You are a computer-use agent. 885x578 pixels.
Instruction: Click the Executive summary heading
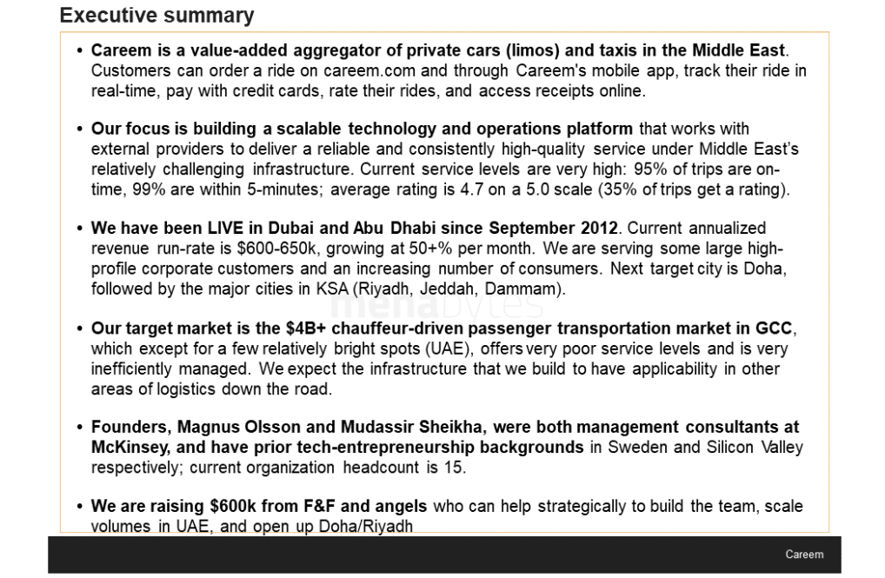click(156, 16)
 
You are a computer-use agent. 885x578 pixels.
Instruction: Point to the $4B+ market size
click(312, 329)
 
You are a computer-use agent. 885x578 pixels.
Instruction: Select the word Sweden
click(633, 447)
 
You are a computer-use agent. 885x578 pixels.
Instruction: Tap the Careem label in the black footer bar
click(804, 555)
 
